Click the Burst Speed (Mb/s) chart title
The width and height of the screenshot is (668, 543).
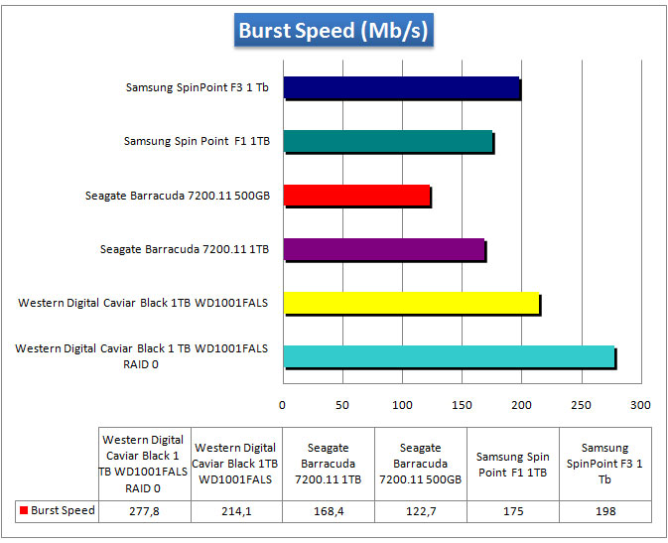pos(334,31)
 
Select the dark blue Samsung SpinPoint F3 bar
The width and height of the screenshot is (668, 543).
pos(402,88)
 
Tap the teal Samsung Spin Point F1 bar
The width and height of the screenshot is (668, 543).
pos(388,142)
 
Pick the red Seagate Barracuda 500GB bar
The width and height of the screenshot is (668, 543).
pos(356,196)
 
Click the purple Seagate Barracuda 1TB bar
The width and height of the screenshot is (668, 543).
pos(384,249)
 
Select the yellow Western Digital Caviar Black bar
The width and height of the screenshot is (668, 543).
pos(411,303)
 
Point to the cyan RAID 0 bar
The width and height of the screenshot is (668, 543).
pos(449,357)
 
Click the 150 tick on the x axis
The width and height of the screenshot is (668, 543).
pos(462,405)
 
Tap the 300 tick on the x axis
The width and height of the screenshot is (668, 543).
pos(641,405)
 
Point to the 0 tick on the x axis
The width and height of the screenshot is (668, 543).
pos(283,405)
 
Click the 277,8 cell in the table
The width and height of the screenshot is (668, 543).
pos(143,511)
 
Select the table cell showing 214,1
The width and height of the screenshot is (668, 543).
pos(235,511)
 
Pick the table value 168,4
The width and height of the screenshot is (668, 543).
pos(328,511)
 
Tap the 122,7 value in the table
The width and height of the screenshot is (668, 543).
pos(420,511)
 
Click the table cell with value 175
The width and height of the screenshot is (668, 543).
pos(512,511)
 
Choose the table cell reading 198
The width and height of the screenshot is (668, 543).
pos(604,511)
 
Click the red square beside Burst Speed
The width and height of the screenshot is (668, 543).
pos(23,511)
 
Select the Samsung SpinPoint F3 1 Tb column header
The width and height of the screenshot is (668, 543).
pos(604,464)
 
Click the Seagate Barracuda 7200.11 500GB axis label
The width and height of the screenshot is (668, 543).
pos(177,196)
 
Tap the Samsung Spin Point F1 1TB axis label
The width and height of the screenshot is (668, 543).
pos(197,142)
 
